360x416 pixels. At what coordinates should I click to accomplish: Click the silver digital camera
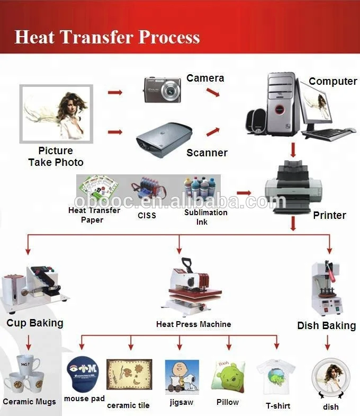[x=163, y=90]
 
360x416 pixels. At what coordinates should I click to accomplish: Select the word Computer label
[x=333, y=81]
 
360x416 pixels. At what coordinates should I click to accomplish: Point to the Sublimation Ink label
[x=206, y=217]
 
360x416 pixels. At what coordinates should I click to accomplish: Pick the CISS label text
[x=147, y=215]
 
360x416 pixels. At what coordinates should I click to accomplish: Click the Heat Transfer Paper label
[x=94, y=215]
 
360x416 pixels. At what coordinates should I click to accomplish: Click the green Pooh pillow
[x=229, y=377]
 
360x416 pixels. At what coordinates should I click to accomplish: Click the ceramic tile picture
[x=129, y=376]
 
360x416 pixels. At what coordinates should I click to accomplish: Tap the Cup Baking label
[x=35, y=323]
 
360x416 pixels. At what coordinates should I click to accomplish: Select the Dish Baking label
[x=326, y=325]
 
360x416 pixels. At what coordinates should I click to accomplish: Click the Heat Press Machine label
[x=193, y=324]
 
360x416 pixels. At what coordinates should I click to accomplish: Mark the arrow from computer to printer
[x=293, y=151]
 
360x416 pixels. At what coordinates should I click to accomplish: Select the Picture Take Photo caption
[x=56, y=157]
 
